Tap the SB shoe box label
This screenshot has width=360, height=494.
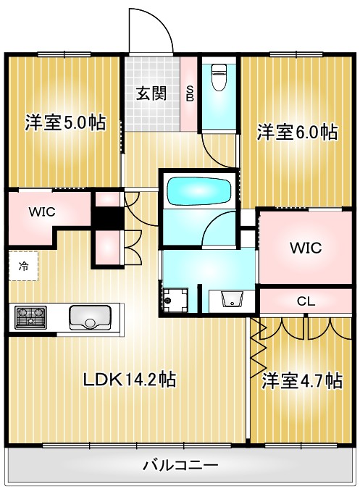[189, 93]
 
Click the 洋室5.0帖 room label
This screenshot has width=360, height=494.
[65, 122]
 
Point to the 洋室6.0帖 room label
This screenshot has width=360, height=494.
[297, 132]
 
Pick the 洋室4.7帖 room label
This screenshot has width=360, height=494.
[302, 380]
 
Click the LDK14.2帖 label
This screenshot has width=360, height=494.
[128, 379]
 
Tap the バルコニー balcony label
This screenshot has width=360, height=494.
[180, 464]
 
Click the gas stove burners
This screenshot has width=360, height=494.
[30, 317]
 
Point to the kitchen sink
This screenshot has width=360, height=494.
[90, 317]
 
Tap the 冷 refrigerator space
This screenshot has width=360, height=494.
[23, 266]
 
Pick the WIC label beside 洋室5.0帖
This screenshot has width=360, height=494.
[41, 213]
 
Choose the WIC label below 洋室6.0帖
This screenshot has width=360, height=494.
[305, 247]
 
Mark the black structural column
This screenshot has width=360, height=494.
[107, 217]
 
